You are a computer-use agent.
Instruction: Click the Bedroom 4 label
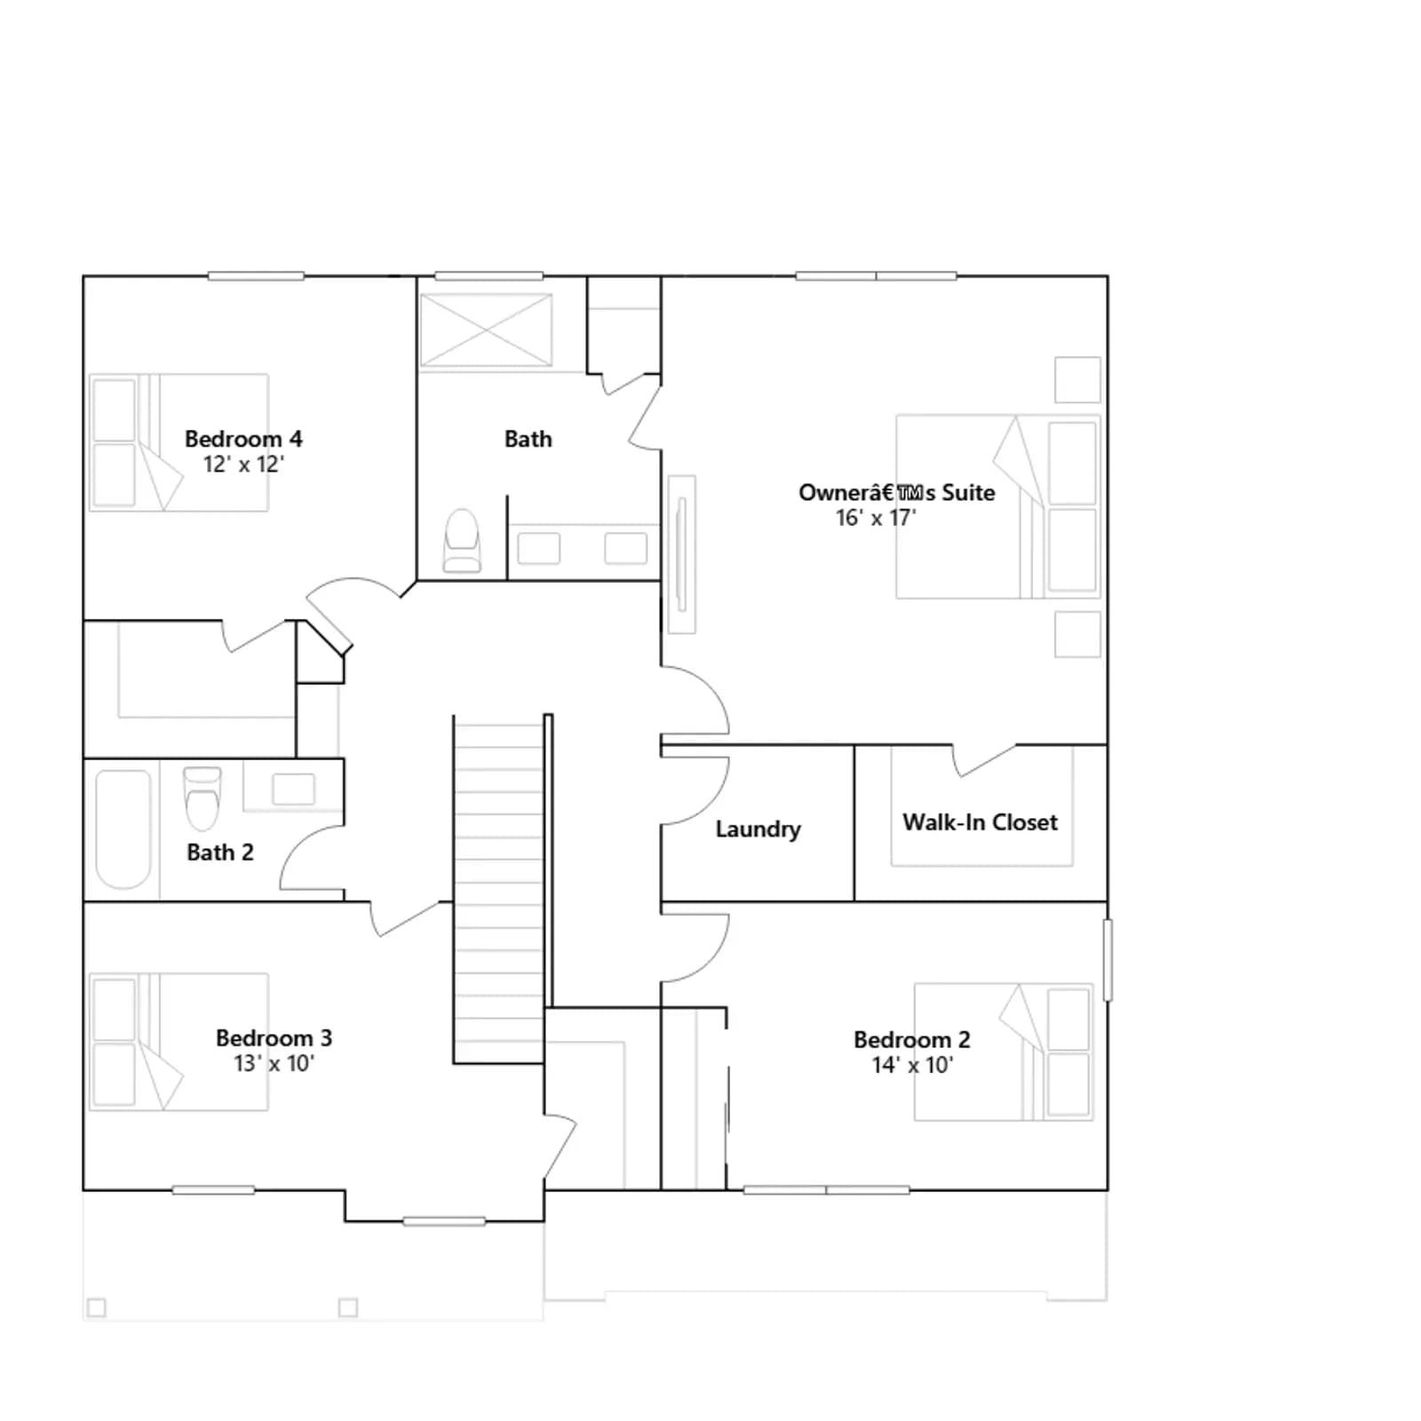click(243, 439)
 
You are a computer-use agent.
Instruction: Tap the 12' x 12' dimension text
click(243, 464)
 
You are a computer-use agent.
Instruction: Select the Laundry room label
click(758, 830)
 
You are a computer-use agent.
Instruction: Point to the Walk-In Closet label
click(980, 822)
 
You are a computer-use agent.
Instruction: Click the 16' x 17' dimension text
click(876, 518)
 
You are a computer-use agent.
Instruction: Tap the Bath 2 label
click(220, 853)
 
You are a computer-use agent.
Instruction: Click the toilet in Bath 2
click(202, 797)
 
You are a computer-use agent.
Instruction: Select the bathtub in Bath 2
click(123, 830)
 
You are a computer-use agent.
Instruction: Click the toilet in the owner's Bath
click(462, 540)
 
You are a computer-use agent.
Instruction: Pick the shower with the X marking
click(486, 330)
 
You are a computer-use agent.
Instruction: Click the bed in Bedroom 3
click(179, 1042)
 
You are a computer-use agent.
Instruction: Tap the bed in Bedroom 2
click(1004, 1052)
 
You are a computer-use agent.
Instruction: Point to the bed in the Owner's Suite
click(998, 506)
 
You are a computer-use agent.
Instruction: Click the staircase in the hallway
click(498, 889)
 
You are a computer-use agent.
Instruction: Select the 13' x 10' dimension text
click(274, 1064)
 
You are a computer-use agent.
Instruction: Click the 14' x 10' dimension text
click(912, 1065)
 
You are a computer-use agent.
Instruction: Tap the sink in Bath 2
click(293, 789)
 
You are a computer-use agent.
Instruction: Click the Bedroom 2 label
click(912, 1040)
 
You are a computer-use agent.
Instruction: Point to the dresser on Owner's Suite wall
click(682, 554)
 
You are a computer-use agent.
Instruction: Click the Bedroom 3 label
click(274, 1038)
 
